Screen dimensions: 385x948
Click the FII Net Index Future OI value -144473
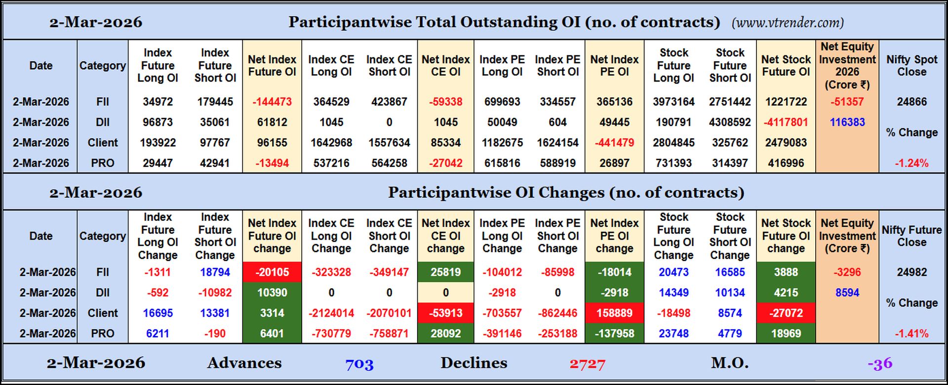coord(272,102)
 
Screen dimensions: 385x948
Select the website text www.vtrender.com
coord(788,23)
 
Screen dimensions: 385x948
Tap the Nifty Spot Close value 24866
coord(911,102)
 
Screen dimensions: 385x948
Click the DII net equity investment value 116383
coord(847,122)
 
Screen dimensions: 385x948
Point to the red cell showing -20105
coord(272,272)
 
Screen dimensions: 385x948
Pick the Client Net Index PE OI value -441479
coord(614,143)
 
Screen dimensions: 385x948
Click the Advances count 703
coord(359,364)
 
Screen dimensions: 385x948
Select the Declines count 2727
coord(587,364)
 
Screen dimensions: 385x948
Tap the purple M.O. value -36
coord(880,364)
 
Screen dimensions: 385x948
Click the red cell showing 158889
coord(614,313)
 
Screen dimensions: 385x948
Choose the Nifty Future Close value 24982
coord(911,272)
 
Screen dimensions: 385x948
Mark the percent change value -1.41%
coord(911,334)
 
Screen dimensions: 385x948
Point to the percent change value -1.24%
coord(911,163)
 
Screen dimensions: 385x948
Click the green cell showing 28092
coord(445,334)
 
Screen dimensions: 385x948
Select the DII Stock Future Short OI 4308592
coord(730,122)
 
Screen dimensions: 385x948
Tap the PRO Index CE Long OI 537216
coord(331,163)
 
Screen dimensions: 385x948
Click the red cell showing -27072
coord(786,313)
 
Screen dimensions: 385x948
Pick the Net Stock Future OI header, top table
coord(786,66)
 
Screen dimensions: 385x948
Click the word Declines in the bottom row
coord(474,363)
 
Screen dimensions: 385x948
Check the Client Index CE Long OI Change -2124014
coord(331,313)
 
